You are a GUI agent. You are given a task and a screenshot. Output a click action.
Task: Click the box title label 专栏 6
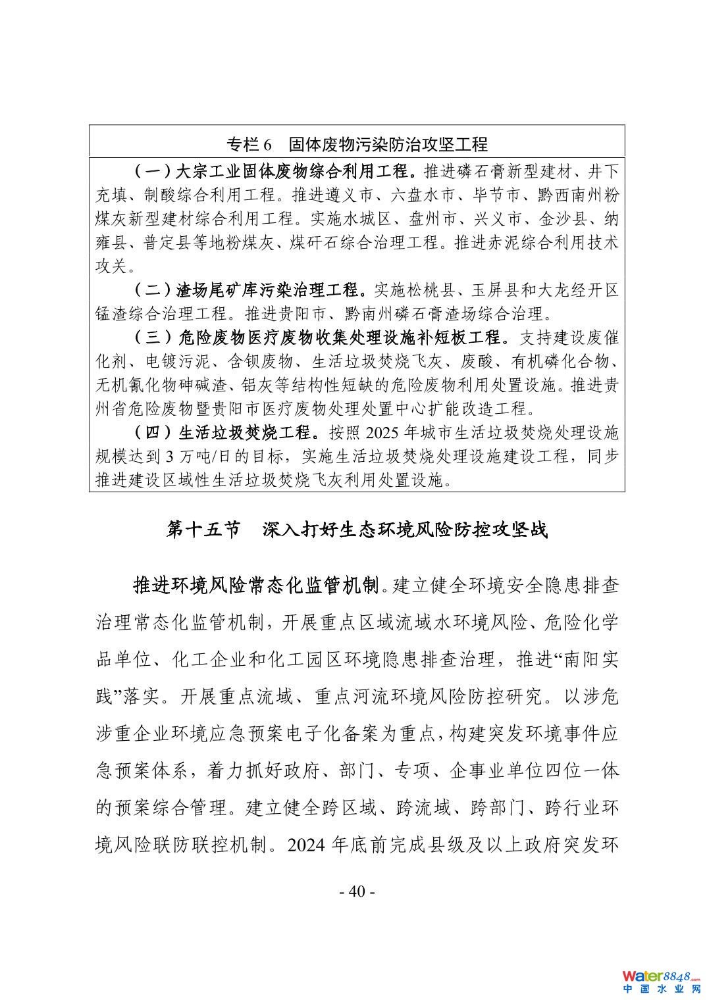(249, 143)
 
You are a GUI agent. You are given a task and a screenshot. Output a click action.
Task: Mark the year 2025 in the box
(382, 433)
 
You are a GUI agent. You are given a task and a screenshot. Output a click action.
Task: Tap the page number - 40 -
(356, 891)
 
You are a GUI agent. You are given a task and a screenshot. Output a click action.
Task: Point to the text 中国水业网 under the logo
(661, 989)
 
